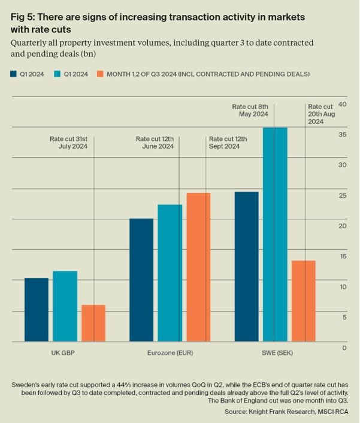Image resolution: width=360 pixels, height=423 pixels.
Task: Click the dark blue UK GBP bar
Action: click(x=36, y=310)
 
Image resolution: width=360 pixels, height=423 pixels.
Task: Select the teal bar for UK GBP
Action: click(x=65, y=306)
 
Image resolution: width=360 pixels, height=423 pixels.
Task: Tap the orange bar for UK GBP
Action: click(x=93, y=323)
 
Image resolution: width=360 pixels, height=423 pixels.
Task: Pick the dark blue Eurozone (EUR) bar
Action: click(x=141, y=280)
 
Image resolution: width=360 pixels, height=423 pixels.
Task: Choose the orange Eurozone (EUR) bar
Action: click(x=198, y=267)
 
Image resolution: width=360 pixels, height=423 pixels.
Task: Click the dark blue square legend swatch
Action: click(x=14, y=74)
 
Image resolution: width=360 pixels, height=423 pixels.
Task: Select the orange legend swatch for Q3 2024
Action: click(x=101, y=74)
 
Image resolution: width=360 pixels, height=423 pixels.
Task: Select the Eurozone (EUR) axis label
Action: click(x=170, y=352)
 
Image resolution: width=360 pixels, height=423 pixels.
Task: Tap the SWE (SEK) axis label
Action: click(x=274, y=352)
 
